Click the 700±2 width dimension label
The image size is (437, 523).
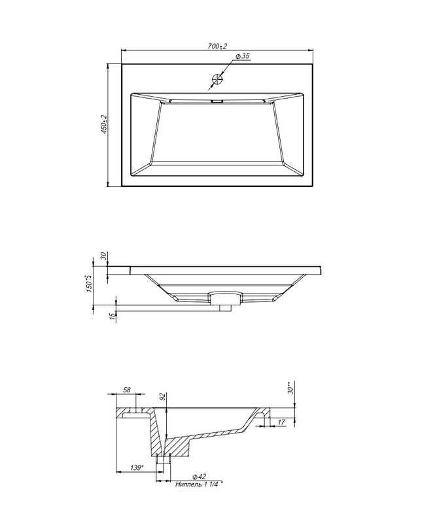click(217, 46)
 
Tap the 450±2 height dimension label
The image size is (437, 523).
click(103, 125)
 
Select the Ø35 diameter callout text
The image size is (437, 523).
click(243, 56)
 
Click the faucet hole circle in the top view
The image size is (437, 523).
click(217, 79)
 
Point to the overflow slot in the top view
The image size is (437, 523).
click(217, 101)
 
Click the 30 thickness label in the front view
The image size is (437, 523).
click(103, 256)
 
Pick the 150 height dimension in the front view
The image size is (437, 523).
click(89, 284)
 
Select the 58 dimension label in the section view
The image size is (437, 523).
click(127, 390)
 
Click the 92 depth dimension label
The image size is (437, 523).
click(163, 397)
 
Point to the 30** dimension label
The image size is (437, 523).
click(291, 389)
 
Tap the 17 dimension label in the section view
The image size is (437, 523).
click(281, 422)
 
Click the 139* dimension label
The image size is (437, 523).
click(137, 468)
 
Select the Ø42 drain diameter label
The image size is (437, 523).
click(200, 477)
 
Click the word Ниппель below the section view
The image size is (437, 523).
click(188, 484)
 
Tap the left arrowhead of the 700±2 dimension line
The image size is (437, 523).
click(124, 50)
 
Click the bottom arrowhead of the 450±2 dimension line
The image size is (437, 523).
click(107, 184)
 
